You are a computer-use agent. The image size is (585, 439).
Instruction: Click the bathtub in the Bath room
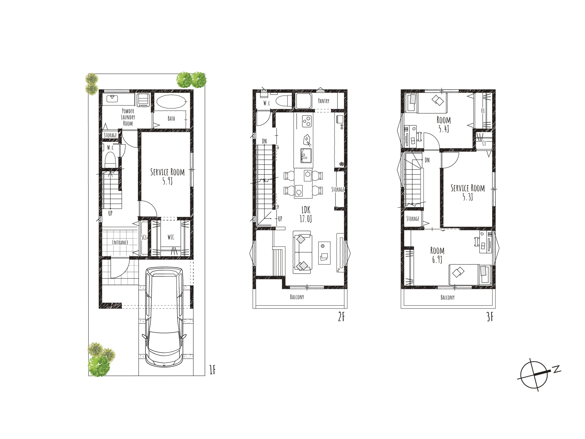click(x=171, y=102)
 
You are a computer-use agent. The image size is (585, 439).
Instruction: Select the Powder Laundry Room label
click(x=128, y=117)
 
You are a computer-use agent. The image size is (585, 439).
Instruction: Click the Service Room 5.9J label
click(x=168, y=176)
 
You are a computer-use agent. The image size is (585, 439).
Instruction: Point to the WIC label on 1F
click(x=171, y=237)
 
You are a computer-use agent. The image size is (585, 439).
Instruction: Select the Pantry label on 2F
click(x=323, y=101)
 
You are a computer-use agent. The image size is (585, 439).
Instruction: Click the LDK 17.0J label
click(x=306, y=214)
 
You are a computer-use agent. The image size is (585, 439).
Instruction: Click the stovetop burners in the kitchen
click(x=307, y=121)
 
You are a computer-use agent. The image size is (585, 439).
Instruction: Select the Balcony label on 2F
click(x=297, y=297)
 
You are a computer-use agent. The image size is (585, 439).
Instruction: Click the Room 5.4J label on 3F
click(x=444, y=124)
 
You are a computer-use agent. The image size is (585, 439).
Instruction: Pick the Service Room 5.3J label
click(x=468, y=192)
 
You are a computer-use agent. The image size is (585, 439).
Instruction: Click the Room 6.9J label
click(x=437, y=255)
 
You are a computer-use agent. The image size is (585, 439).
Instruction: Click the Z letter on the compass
click(x=557, y=369)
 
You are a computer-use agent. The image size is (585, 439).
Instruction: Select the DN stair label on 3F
click(x=427, y=160)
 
